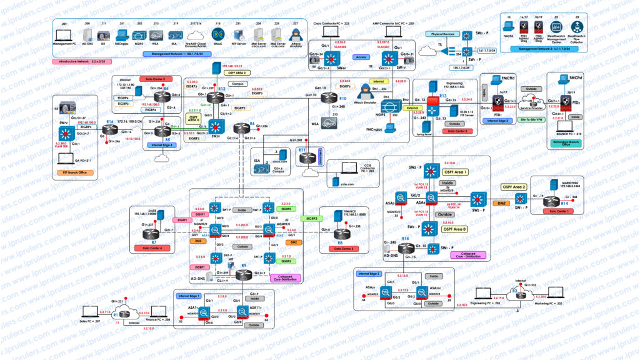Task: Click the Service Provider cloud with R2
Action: (x=532, y=102)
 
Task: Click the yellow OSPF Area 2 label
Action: (x=514, y=187)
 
